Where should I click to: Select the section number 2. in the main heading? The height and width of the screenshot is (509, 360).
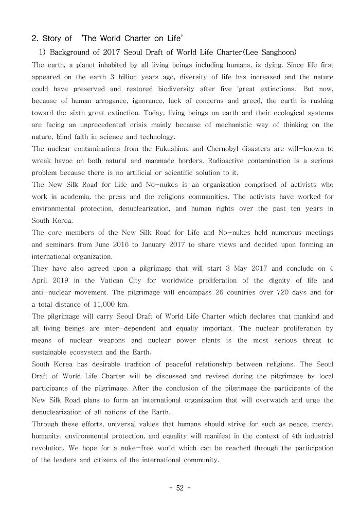(x=35, y=39)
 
